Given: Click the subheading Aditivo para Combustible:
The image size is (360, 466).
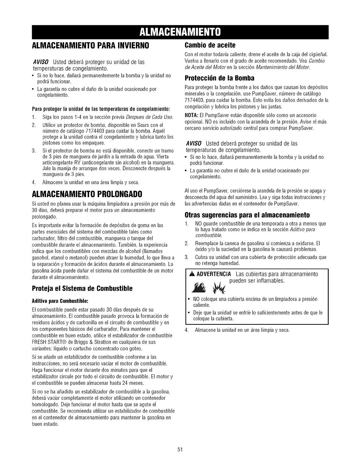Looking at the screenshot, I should [60, 301].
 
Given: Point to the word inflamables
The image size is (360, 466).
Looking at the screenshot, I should [268, 281].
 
